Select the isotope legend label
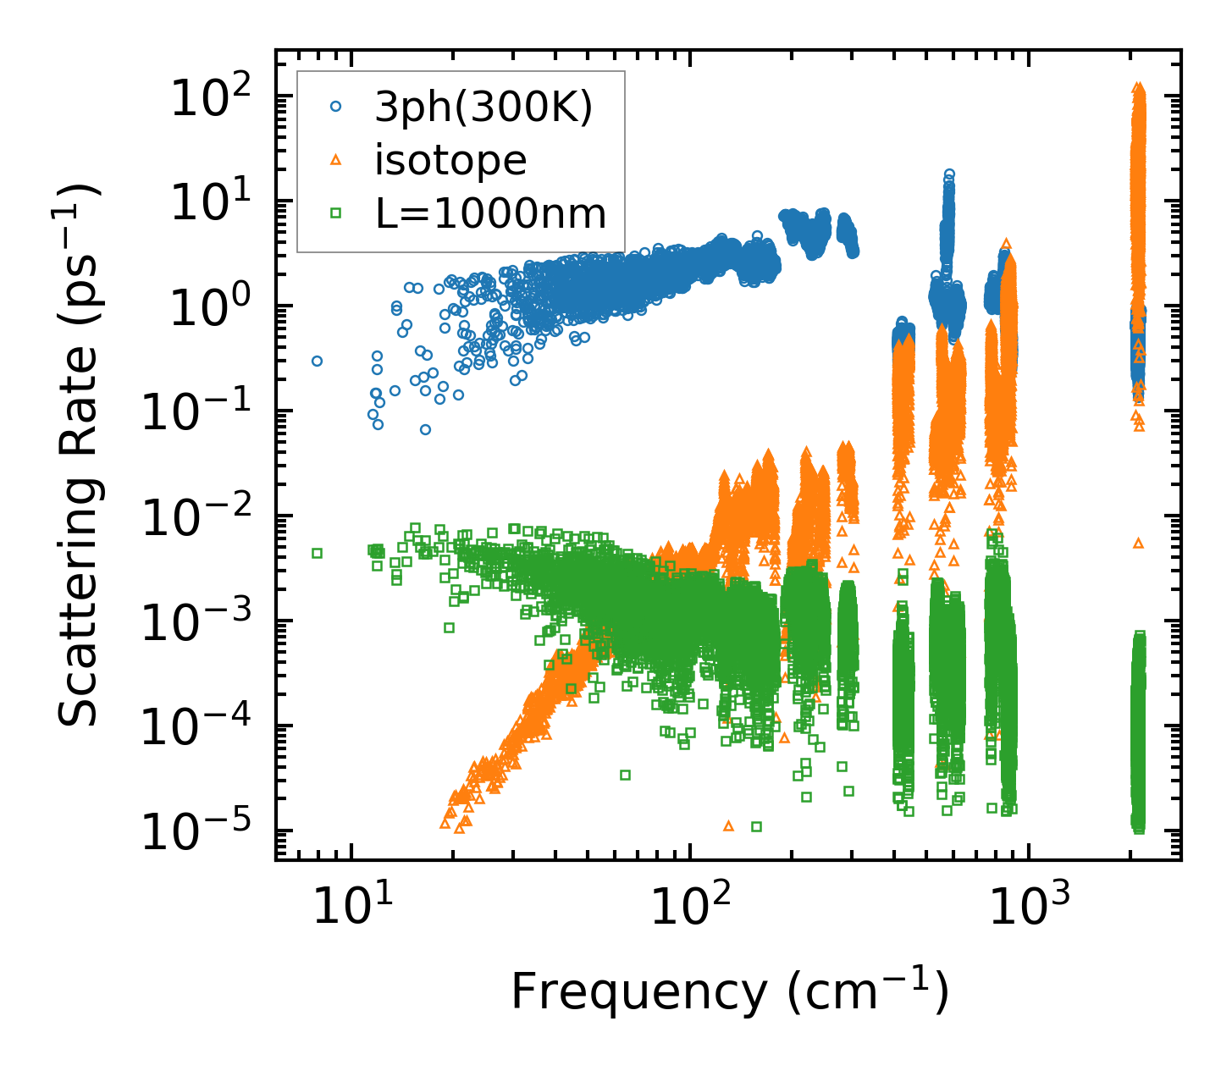[450, 160]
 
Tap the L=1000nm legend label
[491, 213]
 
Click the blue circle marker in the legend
[336, 107]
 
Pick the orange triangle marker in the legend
[336, 160]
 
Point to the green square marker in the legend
[336, 213]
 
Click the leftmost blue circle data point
[317, 361]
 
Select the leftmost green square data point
[318, 553]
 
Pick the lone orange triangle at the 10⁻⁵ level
[728, 825]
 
